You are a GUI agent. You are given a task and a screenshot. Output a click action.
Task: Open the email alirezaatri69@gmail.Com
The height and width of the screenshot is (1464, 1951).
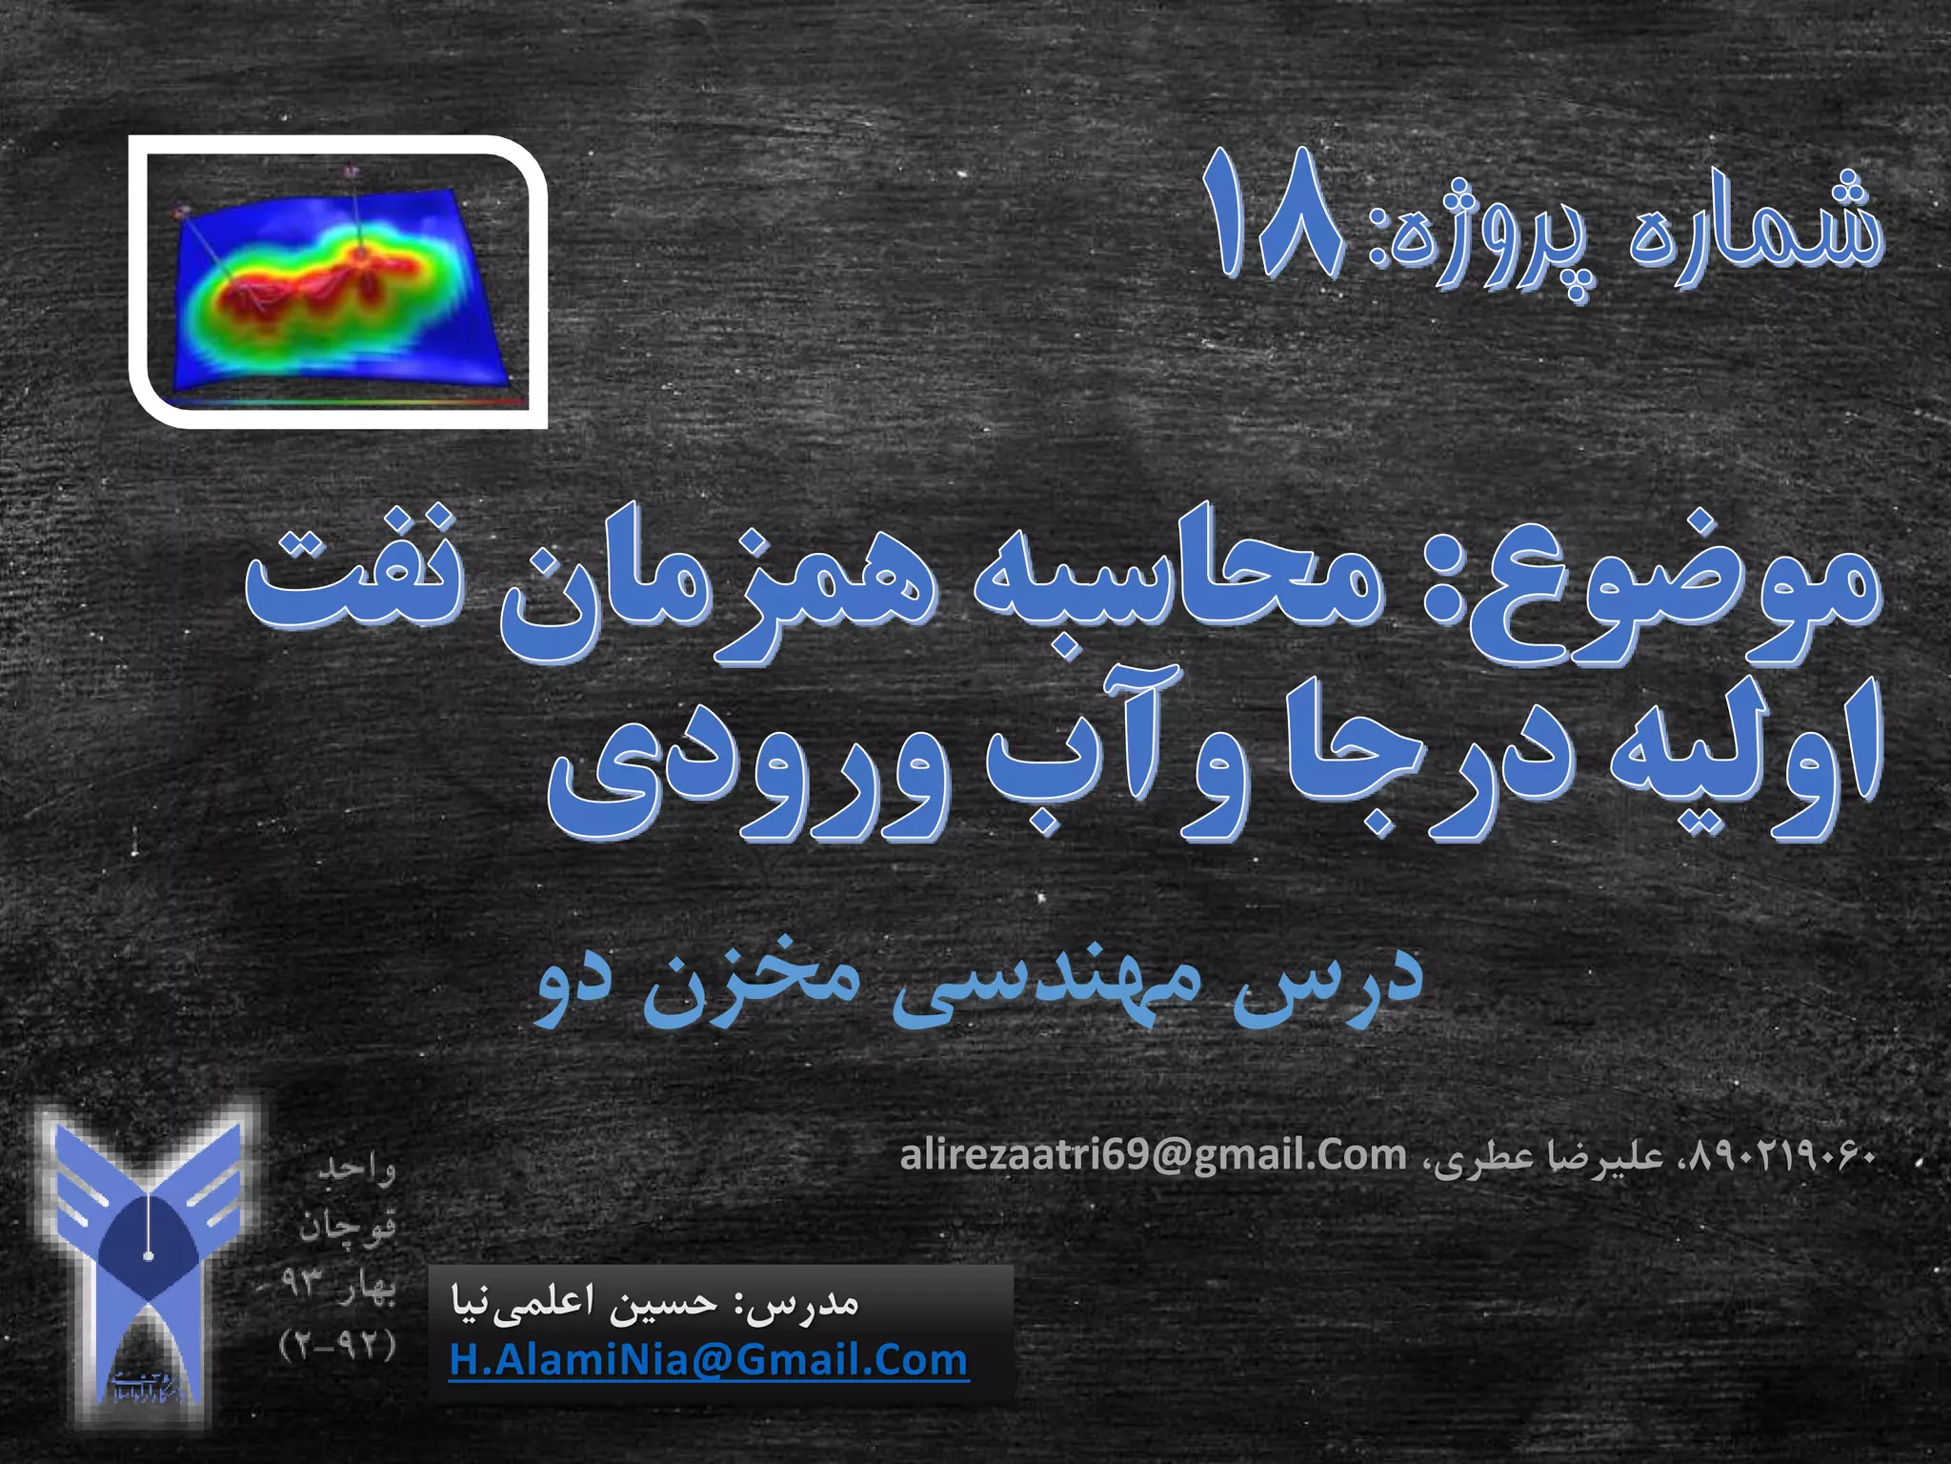1154,1156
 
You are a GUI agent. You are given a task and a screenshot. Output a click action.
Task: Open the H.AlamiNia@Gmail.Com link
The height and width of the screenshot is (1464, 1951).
709,1359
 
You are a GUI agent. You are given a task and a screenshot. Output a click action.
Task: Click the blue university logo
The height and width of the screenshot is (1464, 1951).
148,1258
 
